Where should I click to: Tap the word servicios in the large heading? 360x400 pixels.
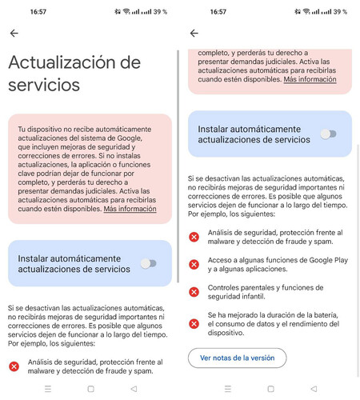coord(44,84)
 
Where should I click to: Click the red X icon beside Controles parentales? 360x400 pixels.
coord(194,292)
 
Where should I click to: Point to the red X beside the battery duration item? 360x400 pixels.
coord(194,323)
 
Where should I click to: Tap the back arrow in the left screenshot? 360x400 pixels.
coord(14,33)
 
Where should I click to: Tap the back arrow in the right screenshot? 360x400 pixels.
coord(194,33)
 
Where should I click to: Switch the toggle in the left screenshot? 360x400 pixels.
coord(148,262)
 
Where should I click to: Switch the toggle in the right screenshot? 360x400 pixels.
coord(328,134)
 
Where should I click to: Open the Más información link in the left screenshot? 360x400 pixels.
coord(130,209)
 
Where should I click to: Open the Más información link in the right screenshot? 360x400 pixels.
coord(310,80)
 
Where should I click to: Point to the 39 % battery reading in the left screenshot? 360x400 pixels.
coord(161,12)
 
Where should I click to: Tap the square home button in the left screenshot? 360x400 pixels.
coord(90,388)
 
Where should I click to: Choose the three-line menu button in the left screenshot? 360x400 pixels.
coord(47,388)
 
